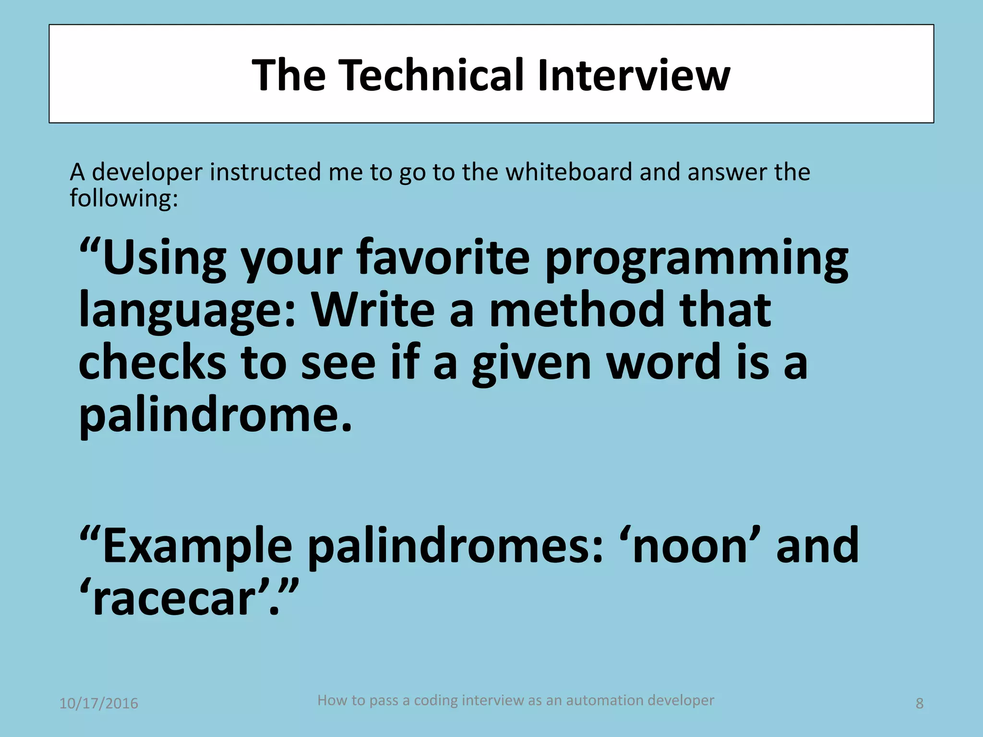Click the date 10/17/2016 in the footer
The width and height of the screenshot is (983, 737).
(98, 703)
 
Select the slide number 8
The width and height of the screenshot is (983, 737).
(919, 703)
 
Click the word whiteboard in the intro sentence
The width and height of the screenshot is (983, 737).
(569, 172)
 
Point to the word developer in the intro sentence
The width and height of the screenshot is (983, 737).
(147, 173)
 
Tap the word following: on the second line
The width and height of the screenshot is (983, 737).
(123, 198)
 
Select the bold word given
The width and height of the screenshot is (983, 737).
(531, 364)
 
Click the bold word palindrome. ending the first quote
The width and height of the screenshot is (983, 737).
(215, 416)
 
